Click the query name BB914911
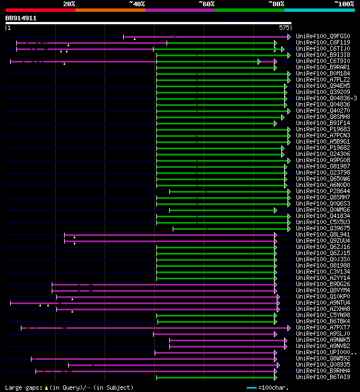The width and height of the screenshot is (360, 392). click(x=21, y=18)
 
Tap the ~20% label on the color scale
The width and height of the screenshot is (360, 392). click(x=69, y=4)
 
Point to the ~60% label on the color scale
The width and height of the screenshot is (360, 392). click(x=206, y=4)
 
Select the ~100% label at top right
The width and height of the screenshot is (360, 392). click(x=344, y=4)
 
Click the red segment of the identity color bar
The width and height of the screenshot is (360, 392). click(x=40, y=10)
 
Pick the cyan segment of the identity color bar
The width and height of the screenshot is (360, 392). click(x=319, y=10)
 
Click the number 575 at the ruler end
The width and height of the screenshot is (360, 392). click(x=285, y=28)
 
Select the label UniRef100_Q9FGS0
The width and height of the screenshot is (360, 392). click(x=318, y=37)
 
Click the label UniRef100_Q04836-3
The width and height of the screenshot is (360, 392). click(x=321, y=99)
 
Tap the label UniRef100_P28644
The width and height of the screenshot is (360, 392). click(x=318, y=191)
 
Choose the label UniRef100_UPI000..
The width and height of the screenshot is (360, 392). click(x=318, y=353)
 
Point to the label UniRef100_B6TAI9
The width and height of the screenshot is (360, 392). click(x=318, y=377)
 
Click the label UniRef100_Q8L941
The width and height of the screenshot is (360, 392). click(x=318, y=235)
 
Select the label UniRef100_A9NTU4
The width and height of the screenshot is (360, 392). click(x=318, y=303)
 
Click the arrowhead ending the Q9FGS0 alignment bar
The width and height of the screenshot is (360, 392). click(x=289, y=37)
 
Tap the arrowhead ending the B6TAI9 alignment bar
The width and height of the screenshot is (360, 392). click(x=275, y=377)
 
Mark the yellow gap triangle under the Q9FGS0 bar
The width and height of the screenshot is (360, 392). click(x=134, y=39)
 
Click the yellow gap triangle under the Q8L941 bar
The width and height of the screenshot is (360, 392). click(x=74, y=238)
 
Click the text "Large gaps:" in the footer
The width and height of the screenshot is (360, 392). click(x=21, y=387)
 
